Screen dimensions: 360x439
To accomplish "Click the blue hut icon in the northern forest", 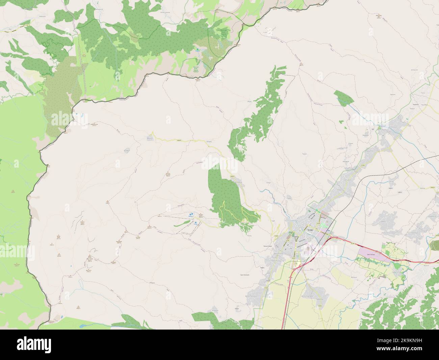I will [198, 51].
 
